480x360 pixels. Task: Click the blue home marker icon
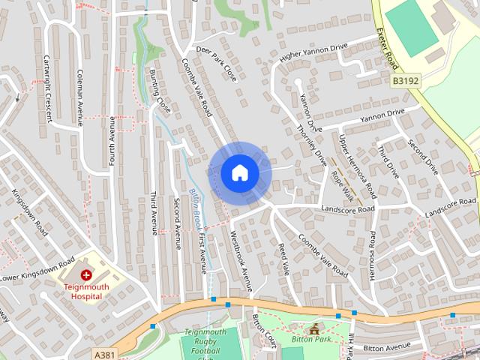coord(239,173)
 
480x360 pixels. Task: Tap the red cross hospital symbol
coord(86,276)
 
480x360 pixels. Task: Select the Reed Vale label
coord(283,257)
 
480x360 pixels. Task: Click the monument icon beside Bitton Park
coord(313,329)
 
